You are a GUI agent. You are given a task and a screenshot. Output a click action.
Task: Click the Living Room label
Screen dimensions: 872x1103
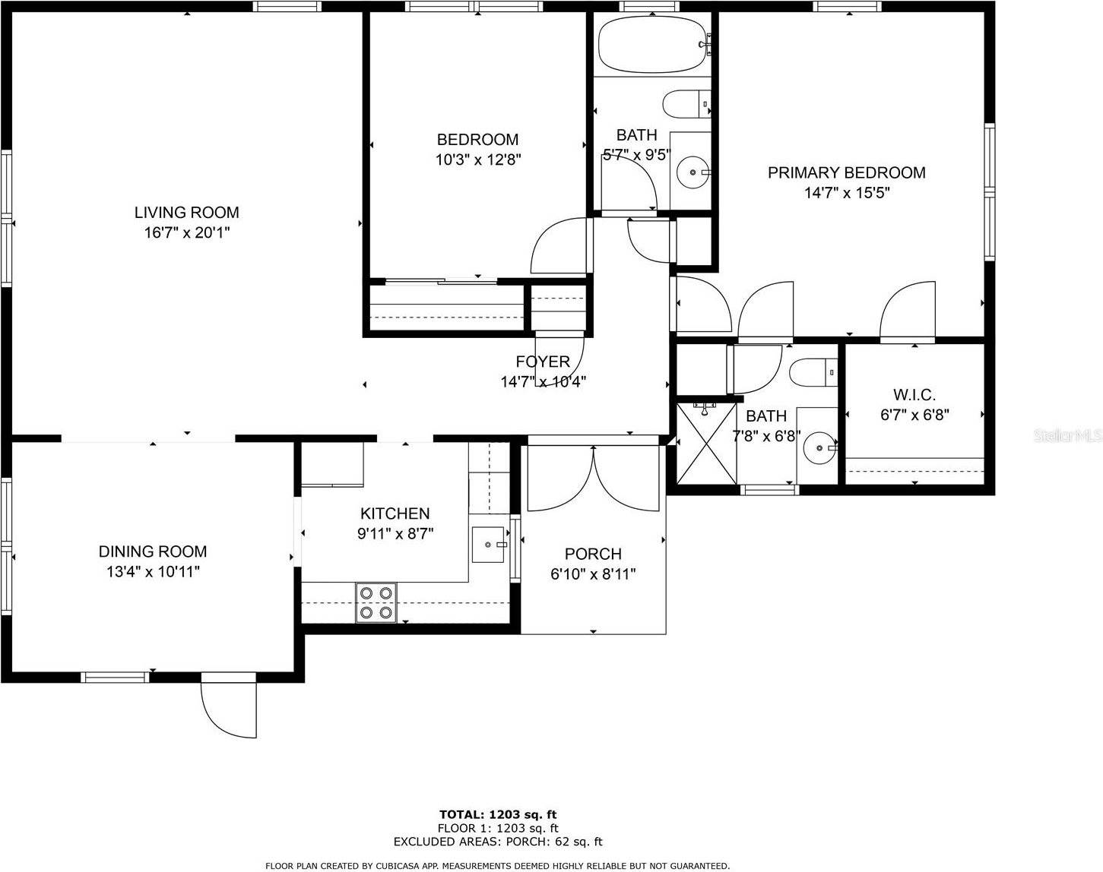[186, 213]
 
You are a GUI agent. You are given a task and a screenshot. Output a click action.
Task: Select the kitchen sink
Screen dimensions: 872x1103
[489, 544]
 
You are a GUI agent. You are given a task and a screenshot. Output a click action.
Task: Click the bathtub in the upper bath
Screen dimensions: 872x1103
[653, 44]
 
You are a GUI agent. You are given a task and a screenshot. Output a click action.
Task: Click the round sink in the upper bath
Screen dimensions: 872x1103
[693, 173]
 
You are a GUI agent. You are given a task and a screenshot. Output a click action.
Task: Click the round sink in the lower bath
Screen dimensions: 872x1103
[819, 447]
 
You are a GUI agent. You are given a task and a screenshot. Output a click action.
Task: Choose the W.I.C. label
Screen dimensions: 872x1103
[914, 395]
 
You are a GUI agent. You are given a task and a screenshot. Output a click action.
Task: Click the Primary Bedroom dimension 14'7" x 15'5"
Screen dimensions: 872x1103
[847, 193]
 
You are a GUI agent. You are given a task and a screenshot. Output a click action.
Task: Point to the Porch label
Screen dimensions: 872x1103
[593, 554]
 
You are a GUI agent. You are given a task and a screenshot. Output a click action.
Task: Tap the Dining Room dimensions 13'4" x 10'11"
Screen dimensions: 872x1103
[153, 571]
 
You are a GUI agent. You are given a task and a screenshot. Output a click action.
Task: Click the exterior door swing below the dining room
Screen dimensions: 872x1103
[228, 709]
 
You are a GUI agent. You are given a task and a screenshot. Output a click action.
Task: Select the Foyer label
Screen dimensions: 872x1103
[543, 362]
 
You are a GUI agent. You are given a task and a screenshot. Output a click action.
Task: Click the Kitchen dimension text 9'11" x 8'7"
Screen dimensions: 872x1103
[395, 533]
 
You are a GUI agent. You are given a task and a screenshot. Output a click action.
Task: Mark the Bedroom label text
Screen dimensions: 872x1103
[477, 140]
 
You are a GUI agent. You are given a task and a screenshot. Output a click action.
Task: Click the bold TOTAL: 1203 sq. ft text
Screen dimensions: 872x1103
[498, 815]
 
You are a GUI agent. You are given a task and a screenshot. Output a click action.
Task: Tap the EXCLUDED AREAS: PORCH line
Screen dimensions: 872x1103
[498, 842]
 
